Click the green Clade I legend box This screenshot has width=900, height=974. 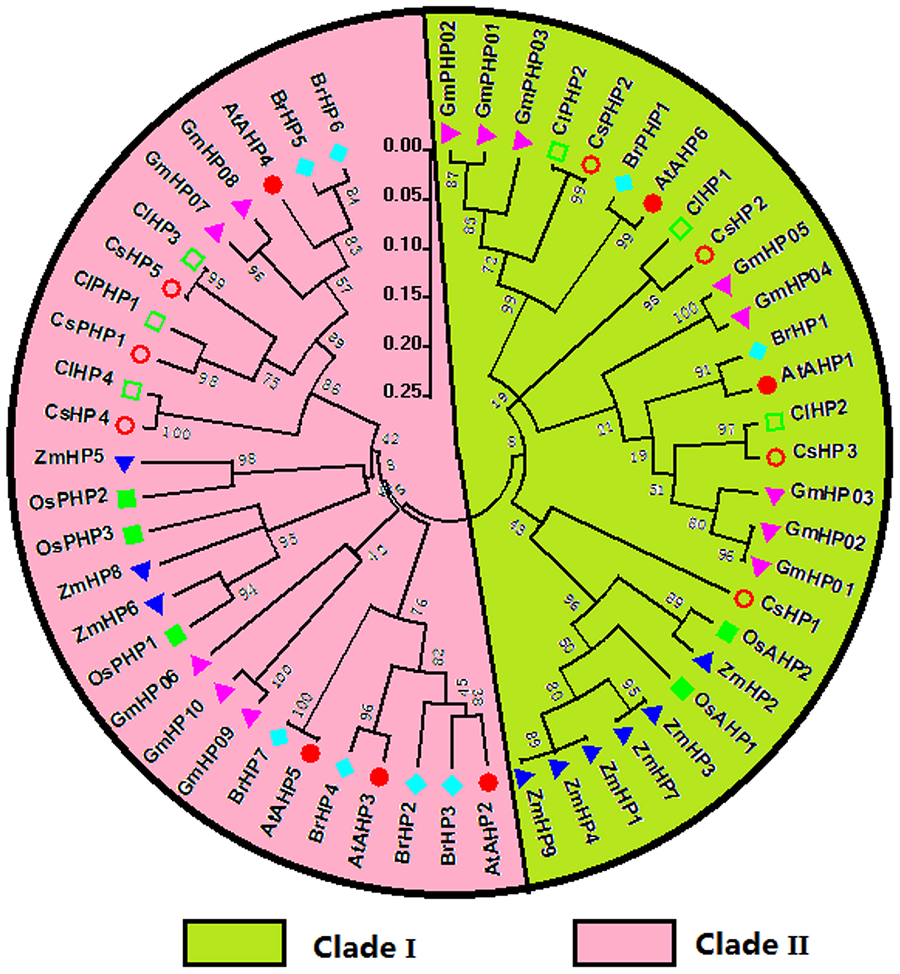(x=234, y=942)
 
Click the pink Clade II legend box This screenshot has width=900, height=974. (x=624, y=942)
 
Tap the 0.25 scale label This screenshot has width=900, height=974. (x=403, y=391)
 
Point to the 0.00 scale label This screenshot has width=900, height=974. (x=403, y=146)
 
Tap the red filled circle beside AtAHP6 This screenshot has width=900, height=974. (x=652, y=203)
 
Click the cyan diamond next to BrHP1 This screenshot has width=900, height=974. (x=758, y=351)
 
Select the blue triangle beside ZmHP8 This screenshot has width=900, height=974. (x=142, y=571)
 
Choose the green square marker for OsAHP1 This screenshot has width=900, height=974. (x=682, y=688)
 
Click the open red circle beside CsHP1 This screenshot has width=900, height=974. (x=744, y=599)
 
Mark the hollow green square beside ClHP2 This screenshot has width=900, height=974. (x=775, y=421)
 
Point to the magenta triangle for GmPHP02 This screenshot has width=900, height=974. (x=449, y=133)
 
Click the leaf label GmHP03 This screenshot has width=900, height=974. (x=832, y=494)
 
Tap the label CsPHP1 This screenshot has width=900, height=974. (x=88, y=329)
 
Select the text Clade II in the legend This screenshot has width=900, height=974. (x=752, y=944)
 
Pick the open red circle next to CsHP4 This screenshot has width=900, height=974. (x=125, y=425)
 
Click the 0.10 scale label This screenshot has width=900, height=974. (x=403, y=245)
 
